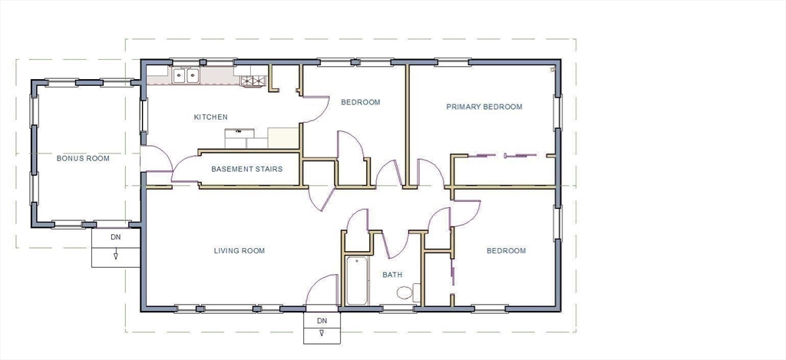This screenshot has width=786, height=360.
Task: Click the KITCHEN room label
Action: pyautogui.click(x=210, y=117)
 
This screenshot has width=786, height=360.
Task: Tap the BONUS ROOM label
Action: pyautogui.click(x=83, y=158)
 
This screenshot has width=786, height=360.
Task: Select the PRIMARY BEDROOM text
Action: pyautogui.click(x=484, y=107)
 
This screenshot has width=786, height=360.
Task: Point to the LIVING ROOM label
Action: pyautogui.click(x=239, y=251)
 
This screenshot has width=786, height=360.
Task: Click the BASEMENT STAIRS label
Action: pyautogui.click(x=246, y=169)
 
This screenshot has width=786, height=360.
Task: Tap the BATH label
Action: pyautogui.click(x=392, y=275)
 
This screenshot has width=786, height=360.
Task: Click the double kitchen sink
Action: pyautogui.click(x=186, y=76)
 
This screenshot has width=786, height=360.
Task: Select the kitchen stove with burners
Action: pyautogui.click(x=252, y=81)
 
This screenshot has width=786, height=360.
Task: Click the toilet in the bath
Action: pyautogui.click(x=408, y=292)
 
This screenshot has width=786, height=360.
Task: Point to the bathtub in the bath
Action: pyautogui.click(x=357, y=281)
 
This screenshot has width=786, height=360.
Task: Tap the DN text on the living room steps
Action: pyautogui.click(x=322, y=320)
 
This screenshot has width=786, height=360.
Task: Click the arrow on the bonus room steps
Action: pyautogui.click(x=116, y=256)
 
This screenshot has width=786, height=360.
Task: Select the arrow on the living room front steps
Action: pyautogui.click(x=322, y=333)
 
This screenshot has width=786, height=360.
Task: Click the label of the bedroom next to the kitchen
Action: pyautogui.click(x=361, y=102)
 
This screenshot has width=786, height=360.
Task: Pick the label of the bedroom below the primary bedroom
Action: pyautogui.click(x=507, y=251)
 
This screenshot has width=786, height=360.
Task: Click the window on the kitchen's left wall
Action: pyautogui.click(x=144, y=115)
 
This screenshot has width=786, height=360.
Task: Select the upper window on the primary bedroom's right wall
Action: pyautogui.click(x=557, y=113)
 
